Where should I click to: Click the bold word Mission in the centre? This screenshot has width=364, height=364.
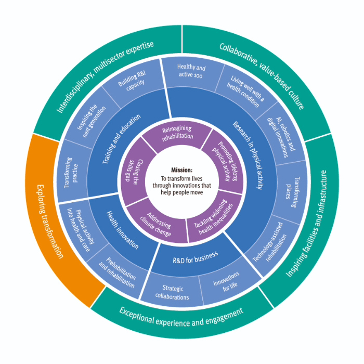[181, 170]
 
